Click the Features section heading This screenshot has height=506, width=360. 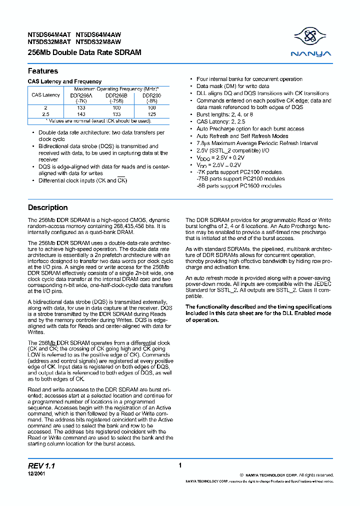pos(43,71)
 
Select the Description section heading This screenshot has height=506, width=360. pos(48,207)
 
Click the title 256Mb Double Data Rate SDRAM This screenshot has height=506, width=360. pos(84,52)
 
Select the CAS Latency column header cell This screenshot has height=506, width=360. pos(46,95)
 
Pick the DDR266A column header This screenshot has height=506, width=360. pos(81,95)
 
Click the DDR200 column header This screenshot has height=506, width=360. pos(152,95)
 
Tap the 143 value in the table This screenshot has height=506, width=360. pos(81,114)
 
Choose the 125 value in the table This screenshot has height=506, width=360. pos(152,114)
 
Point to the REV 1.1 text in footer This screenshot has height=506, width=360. pos(41,465)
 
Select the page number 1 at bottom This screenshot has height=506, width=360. pos(179,465)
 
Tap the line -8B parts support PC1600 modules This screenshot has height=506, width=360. pos(239,186)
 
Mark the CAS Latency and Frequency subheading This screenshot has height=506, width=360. pos(64,81)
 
